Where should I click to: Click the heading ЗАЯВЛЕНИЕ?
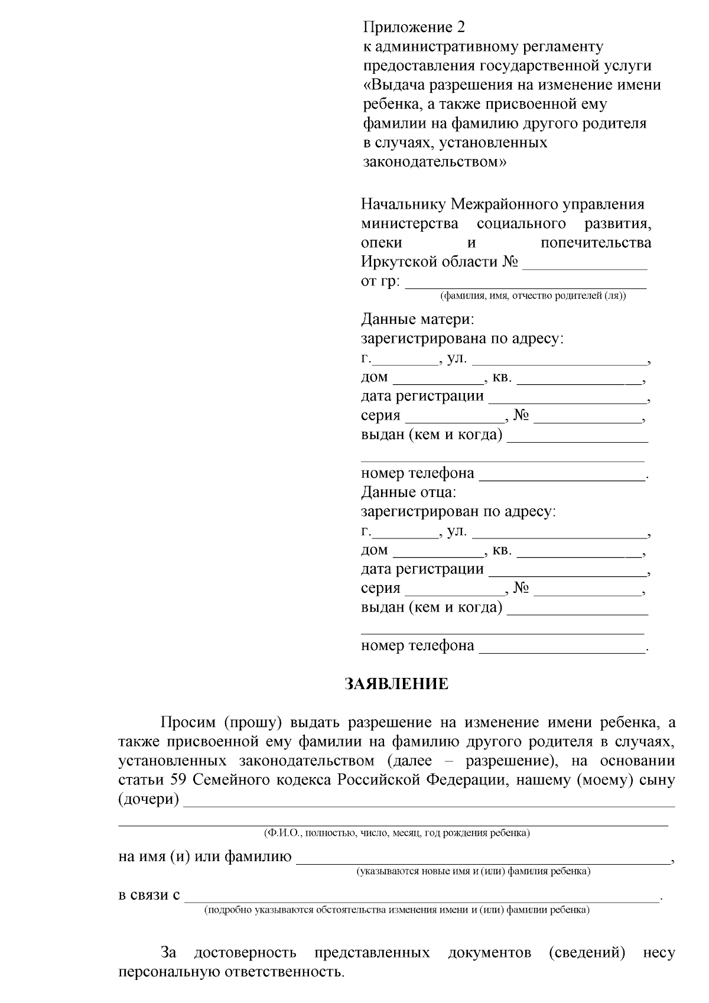(396, 684)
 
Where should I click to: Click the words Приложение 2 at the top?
(414, 27)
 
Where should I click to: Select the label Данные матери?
(417, 320)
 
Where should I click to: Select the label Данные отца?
(408, 492)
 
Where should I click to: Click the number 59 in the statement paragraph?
(178, 780)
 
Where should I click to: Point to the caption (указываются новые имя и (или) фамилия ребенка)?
(473, 871)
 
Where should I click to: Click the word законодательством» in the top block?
(434, 162)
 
